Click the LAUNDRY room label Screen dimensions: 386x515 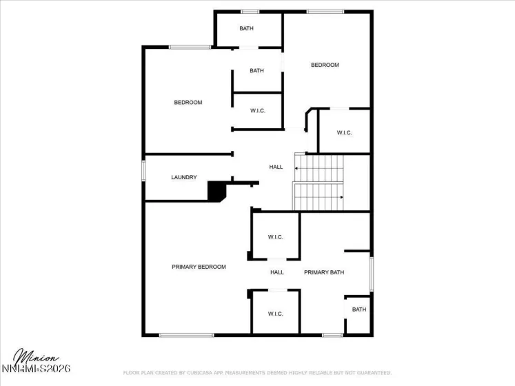[184, 177]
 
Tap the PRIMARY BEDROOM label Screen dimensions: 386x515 [199, 267]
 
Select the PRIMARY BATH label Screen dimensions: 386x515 [324, 272]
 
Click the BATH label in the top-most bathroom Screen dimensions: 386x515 [246, 28]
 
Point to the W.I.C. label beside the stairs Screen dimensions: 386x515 [344, 132]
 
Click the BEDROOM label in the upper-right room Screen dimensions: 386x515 [325, 65]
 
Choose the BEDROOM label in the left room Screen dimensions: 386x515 [188, 103]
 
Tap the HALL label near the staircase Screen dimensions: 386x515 [276, 167]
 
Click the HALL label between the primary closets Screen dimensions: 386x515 [277, 272]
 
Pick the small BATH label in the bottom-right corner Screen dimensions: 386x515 [359, 309]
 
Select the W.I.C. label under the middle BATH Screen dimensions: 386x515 [258, 110]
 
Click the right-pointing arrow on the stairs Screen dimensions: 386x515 [340, 197]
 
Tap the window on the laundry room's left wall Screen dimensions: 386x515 [143, 170]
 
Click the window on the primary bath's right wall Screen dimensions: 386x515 [372, 274]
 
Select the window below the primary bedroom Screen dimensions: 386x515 [186, 336]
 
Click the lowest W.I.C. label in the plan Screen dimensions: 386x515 [275, 314]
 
